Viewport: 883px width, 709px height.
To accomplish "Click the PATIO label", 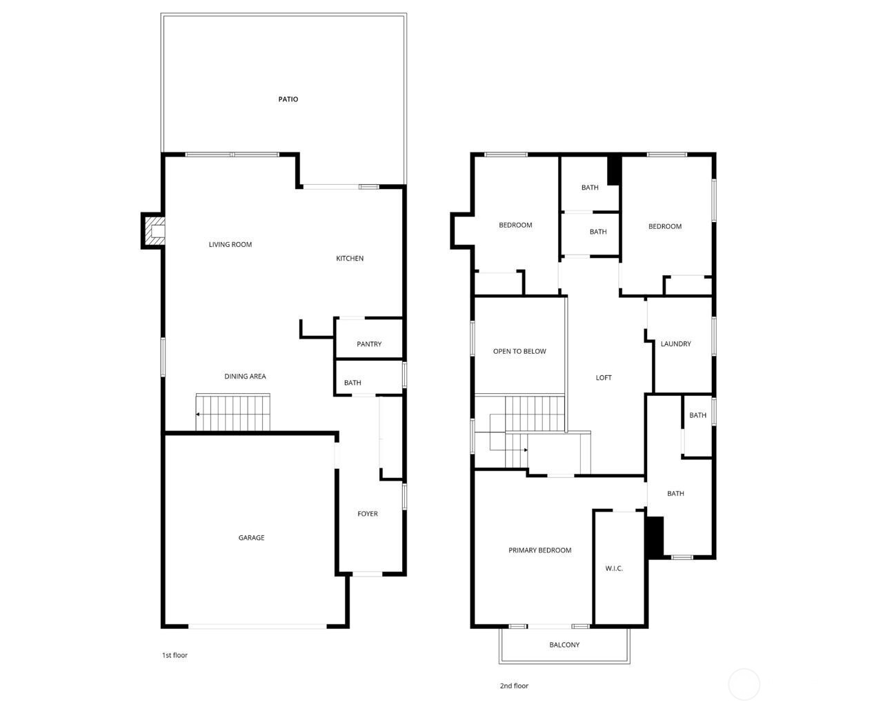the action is [x=288, y=99].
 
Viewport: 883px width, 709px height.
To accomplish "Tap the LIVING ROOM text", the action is [x=230, y=245].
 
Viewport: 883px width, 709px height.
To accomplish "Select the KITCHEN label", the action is [x=350, y=259].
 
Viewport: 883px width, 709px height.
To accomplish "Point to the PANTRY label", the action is [x=369, y=344].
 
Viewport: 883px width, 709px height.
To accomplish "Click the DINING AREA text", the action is [x=245, y=377].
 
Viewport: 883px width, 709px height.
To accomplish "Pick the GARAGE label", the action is [x=251, y=537].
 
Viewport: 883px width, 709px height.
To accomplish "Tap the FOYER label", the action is [x=367, y=514].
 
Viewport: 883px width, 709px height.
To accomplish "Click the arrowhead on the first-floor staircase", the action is [x=198, y=415].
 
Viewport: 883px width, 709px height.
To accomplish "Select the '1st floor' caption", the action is [x=175, y=655].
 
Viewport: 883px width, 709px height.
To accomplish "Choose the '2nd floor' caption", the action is [x=514, y=686].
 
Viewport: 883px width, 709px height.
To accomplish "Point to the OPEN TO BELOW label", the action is [x=519, y=351].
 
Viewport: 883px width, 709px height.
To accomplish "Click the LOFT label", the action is [x=603, y=377].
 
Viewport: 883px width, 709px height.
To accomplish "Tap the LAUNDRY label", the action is [x=675, y=344].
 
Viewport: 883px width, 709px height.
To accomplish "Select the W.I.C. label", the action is [x=614, y=568].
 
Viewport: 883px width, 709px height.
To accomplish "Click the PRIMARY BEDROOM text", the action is [x=539, y=550].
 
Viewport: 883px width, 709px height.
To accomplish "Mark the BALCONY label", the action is [x=564, y=645].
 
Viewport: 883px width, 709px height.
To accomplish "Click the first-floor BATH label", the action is [x=353, y=383].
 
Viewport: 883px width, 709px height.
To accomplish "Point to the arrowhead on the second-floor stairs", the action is [x=526, y=450].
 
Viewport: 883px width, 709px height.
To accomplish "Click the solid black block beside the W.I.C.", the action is [x=655, y=537].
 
